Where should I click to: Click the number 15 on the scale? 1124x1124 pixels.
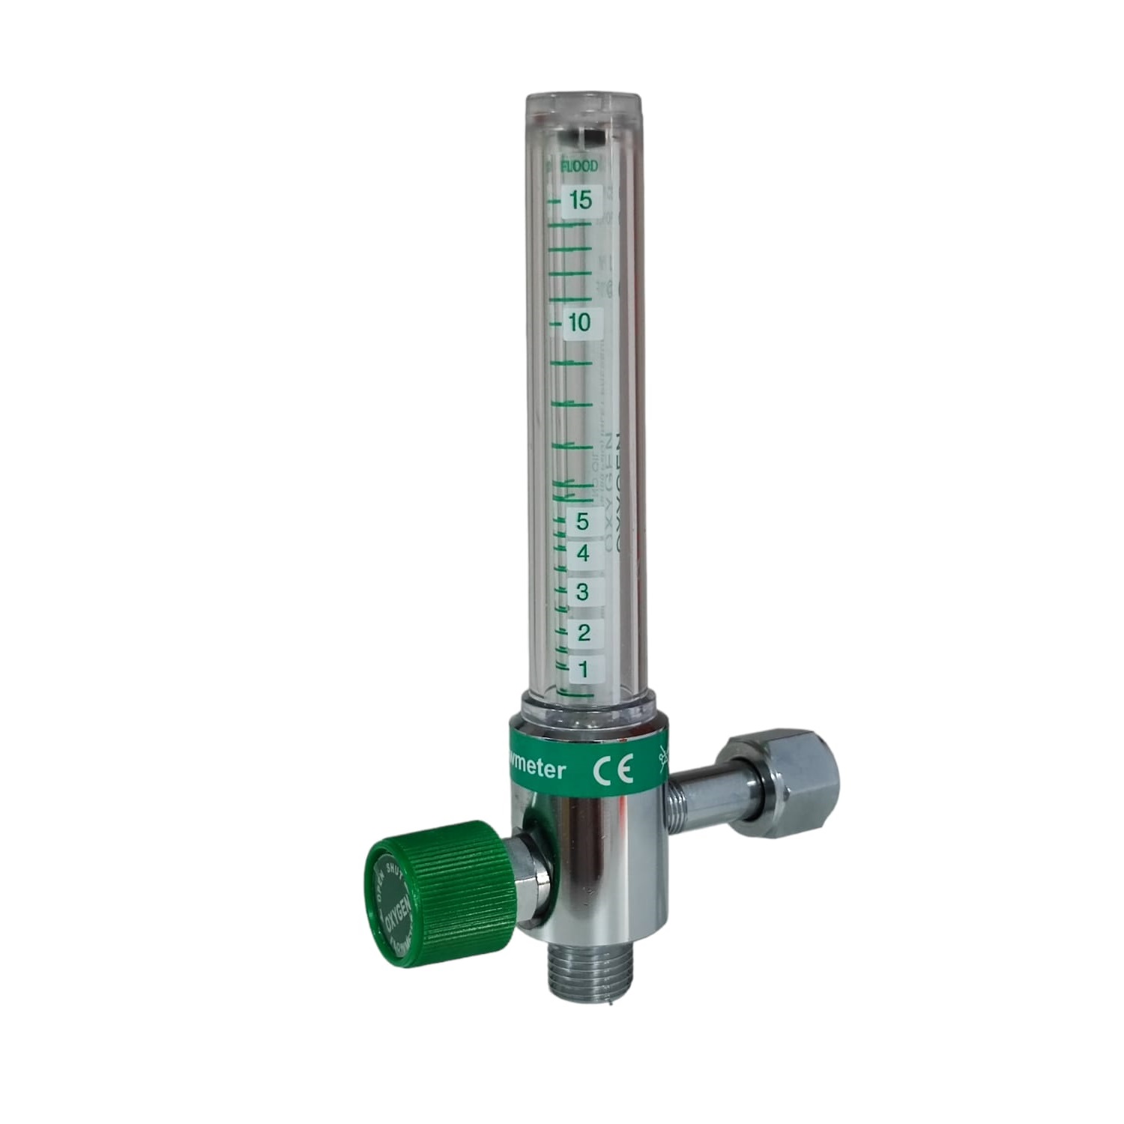click(x=581, y=201)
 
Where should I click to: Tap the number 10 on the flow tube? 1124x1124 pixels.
click(x=579, y=323)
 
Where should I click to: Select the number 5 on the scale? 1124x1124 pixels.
click(x=582, y=520)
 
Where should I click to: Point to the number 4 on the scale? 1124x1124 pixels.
click(x=582, y=555)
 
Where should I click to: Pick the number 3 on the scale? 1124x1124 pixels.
click(x=582, y=592)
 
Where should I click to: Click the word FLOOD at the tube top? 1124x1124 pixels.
click(x=580, y=167)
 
